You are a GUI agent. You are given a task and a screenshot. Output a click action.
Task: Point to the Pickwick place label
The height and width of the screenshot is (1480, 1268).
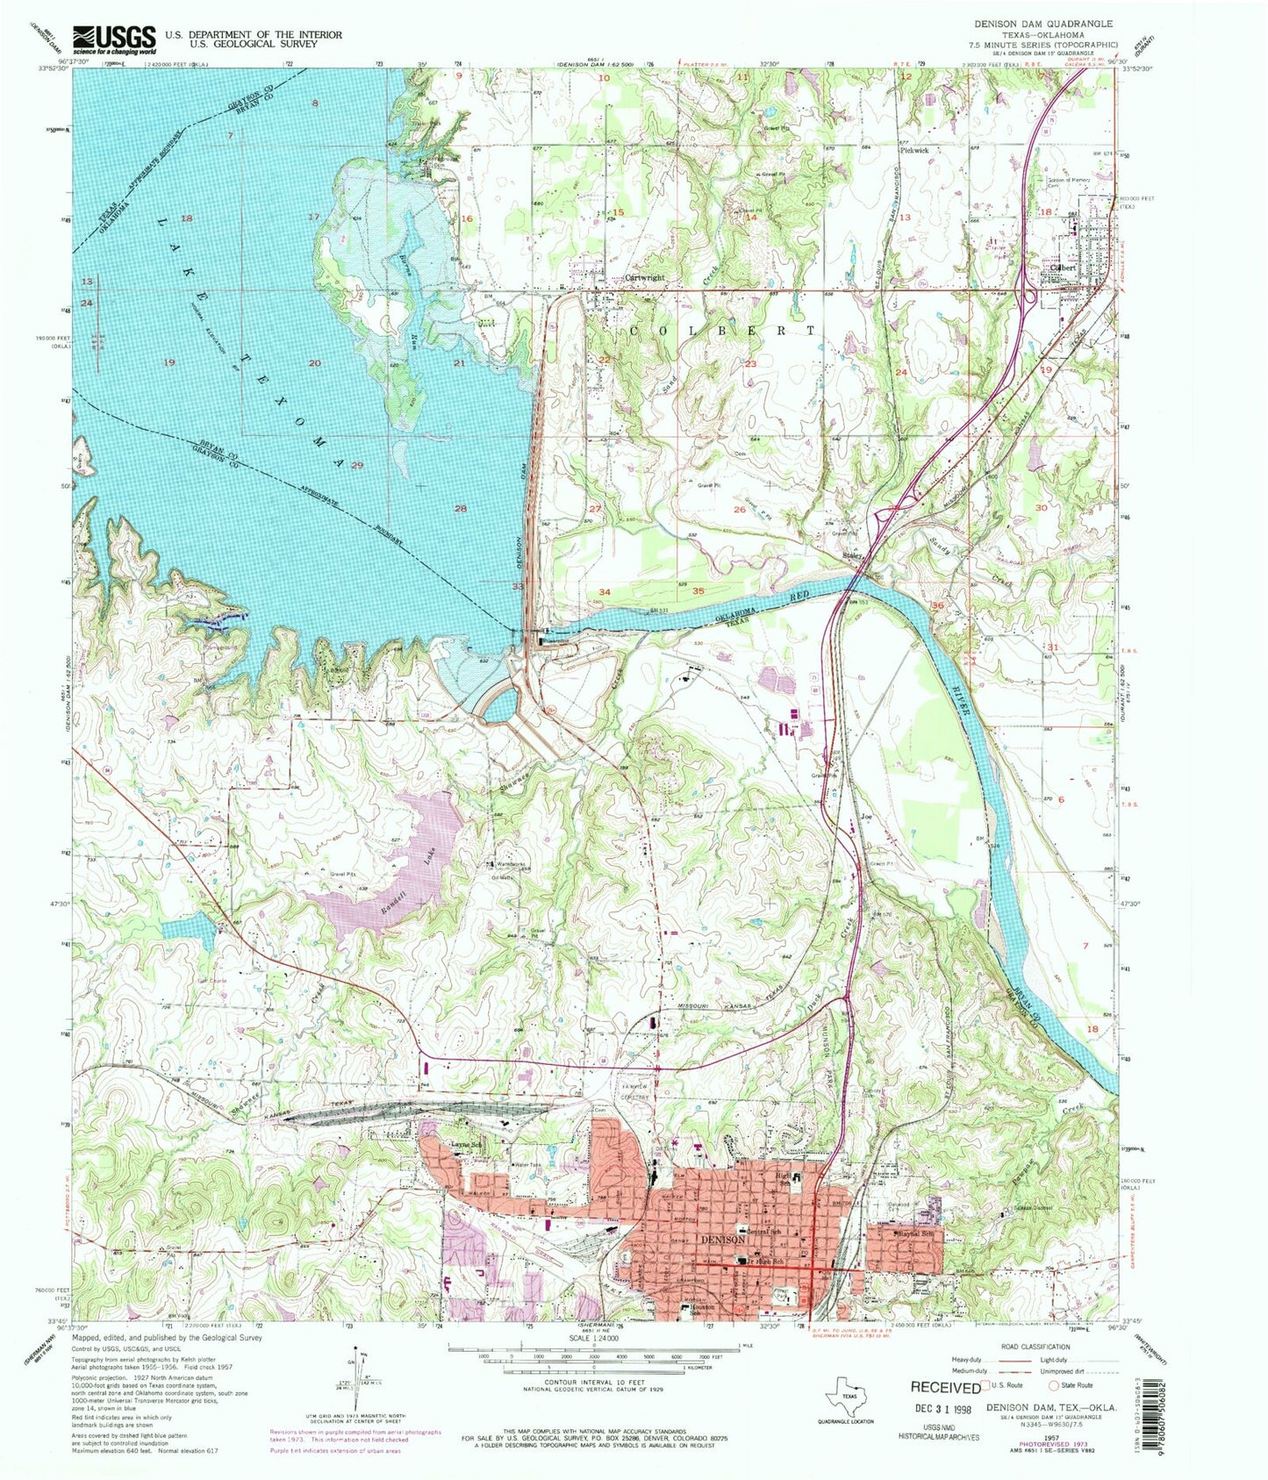pyautogui.click(x=914, y=150)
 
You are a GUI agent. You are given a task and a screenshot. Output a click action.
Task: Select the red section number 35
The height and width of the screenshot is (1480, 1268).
pyautogui.click(x=698, y=591)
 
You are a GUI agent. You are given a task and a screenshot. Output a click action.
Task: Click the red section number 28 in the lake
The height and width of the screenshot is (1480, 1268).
pyautogui.click(x=461, y=509)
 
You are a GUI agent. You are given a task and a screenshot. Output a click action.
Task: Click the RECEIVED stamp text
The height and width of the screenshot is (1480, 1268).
pyautogui.click(x=944, y=1388)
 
